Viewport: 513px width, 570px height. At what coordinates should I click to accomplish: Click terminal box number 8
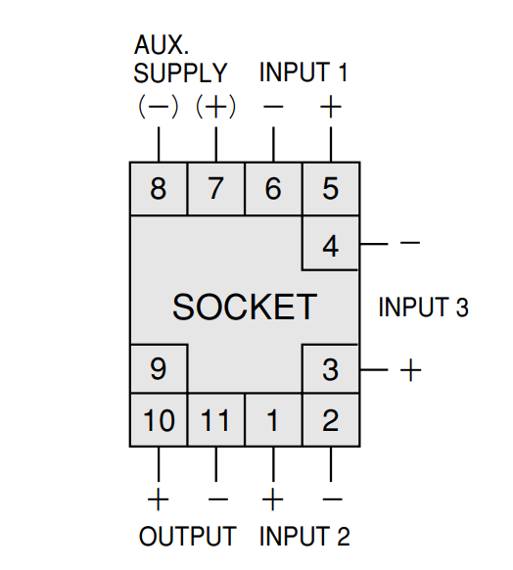click(159, 189)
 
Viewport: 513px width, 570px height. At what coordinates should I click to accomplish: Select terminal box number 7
click(216, 189)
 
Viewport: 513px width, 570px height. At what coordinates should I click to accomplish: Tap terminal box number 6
click(273, 189)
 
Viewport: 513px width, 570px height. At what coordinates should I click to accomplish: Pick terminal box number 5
click(331, 189)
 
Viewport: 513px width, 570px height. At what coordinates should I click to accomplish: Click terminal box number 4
click(331, 243)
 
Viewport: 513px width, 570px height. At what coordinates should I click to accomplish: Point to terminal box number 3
click(331, 369)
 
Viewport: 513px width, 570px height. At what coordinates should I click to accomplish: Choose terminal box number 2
click(331, 420)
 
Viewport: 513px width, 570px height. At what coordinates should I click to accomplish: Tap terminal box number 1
click(273, 420)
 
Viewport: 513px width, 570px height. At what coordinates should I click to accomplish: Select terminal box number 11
click(216, 420)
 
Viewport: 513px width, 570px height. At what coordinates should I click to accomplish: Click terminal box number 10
click(159, 420)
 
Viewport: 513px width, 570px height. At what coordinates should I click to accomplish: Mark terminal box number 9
click(159, 369)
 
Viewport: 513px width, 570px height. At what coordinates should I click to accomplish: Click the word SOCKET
click(245, 308)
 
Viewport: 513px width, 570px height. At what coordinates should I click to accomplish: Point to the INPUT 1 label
click(303, 71)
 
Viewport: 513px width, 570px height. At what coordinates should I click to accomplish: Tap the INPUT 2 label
click(304, 536)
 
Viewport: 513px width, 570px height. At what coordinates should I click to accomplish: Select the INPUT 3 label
click(424, 308)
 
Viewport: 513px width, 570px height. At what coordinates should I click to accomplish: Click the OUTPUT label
click(187, 536)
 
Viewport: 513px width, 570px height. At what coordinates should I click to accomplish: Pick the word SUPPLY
click(180, 72)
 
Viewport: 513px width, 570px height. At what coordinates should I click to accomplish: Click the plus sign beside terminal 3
click(410, 370)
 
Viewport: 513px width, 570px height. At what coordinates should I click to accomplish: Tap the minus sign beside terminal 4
click(410, 243)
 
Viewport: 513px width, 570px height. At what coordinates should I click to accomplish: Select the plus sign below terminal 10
click(158, 499)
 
